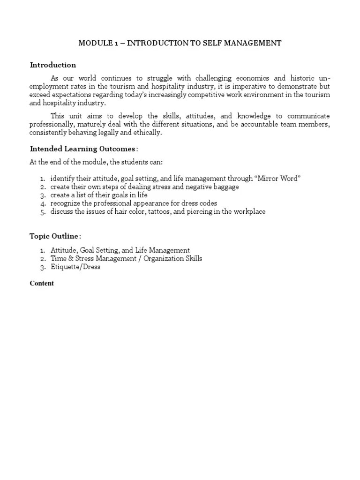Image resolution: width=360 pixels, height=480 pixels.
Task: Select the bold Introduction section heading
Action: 53,65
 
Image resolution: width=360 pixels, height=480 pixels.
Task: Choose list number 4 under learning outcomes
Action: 43,203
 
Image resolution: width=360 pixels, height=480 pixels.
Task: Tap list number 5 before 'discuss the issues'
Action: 43,211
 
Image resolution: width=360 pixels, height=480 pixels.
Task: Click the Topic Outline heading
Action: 54,236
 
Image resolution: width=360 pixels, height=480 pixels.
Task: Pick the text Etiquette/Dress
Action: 75,267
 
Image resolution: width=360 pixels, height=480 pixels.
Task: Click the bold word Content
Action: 42,283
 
